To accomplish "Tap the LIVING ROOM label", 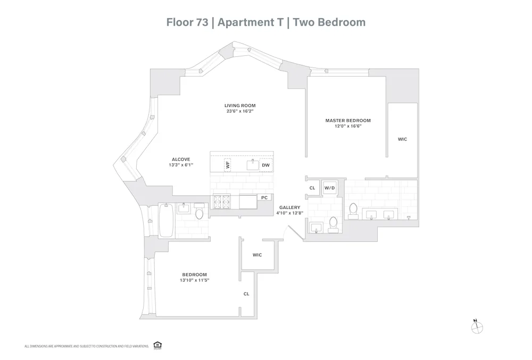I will tap(236, 106).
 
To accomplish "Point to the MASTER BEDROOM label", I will tap(348, 121).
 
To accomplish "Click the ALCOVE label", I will tap(181, 160).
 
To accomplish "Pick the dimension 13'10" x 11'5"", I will tap(195, 280).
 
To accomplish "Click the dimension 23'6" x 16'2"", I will tap(236, 111).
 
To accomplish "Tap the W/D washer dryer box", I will tap(330, 188).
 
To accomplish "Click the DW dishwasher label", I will tap(266, 165).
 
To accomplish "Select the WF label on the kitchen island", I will tap(228, 165).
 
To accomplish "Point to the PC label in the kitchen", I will tap(264, 197).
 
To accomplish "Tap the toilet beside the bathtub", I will tap(199, 213).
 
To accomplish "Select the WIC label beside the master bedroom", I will tap(402, 139).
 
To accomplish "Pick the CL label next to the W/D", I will tap(312, 188).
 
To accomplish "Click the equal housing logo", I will tap(157, 345).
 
